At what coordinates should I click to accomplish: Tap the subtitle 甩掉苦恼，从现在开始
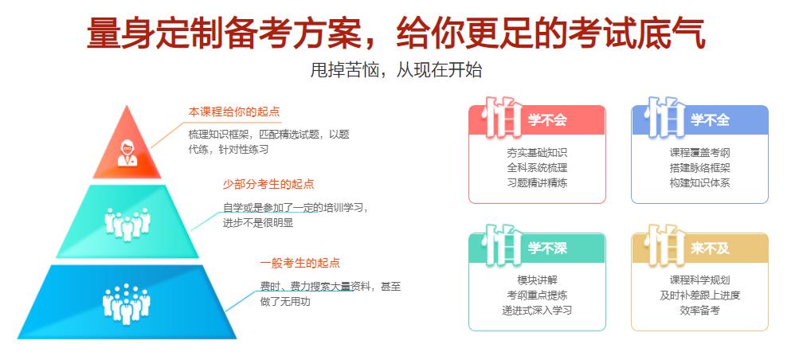pyautogui.click(x=396, y=70)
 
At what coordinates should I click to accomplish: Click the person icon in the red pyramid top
pyautogui.click(x=127, y=151)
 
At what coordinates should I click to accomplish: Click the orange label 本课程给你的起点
pyautogui.click(x=234, y=112)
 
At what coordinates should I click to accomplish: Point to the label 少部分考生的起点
pyautogui.click(x=268, y=184)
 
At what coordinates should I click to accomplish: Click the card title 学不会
pyautogui.click(x=547, y=120)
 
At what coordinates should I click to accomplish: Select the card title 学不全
pyautogui.click(x=710, y=120)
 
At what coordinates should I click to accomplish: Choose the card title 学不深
pyautogui.click(x=547, y=248)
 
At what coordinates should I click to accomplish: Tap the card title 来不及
pyautogui.click(x=710, y=248)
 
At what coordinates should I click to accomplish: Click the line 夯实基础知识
pyautogui.click(x=537, y=152)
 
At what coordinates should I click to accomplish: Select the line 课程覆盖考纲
pyautogui.click(x=699, y=152)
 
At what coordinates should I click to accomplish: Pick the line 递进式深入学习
pyautogui.click(x=537, y=310)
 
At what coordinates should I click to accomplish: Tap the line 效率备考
pyautogui.click(x=699, y=310)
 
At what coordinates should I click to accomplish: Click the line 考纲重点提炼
pyautogui.click(x=537, y=295)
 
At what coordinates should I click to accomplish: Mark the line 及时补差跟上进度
pyautogui.click(x=699, y=295)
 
